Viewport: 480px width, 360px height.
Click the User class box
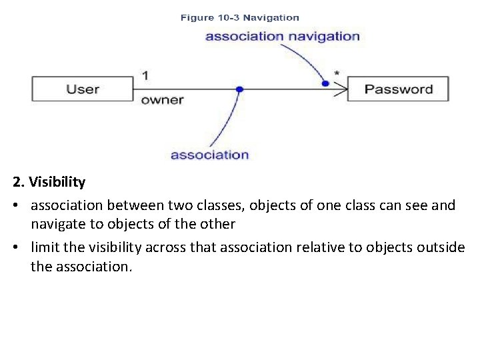tap(83, 89)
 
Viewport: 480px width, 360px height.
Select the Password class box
tap(398, 89)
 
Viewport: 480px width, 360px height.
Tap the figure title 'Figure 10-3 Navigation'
tap(239, 18)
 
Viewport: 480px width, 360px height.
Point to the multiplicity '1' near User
tap(145, 75)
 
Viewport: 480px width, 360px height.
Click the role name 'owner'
tap(162, 101)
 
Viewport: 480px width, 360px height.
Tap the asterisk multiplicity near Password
tap(336, 73)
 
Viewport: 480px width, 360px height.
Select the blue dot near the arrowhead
tap(325, 83)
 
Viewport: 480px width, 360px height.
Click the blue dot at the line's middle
tap(239, 89)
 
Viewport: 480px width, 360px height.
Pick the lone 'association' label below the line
tap(209, 155)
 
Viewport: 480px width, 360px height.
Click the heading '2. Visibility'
tap(49, 182)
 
